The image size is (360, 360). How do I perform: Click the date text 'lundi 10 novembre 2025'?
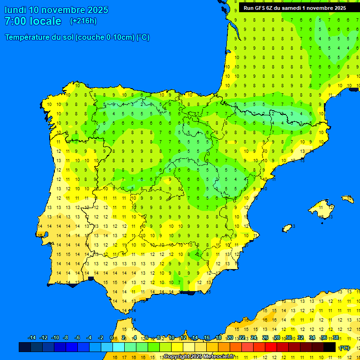[x=56, y=10]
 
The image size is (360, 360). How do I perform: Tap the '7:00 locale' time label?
[x=33, y=21]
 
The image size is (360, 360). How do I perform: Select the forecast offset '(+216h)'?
[x=83, y=21]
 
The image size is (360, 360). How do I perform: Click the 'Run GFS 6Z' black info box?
[x=295, y=8]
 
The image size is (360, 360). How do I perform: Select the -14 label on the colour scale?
[x=32, y=338]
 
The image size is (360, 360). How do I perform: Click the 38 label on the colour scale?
[x=336, y=338]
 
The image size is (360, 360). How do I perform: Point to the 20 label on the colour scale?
[x=230, y=338]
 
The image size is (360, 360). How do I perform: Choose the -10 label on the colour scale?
[x=55, y=338]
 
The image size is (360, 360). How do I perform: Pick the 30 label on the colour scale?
[x=289, y=338]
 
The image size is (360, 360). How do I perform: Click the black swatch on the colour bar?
[x=330, y=347]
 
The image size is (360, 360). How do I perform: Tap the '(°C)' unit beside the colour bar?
[x=345, y=348]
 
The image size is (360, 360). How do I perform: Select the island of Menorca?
[x=347, y=199]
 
